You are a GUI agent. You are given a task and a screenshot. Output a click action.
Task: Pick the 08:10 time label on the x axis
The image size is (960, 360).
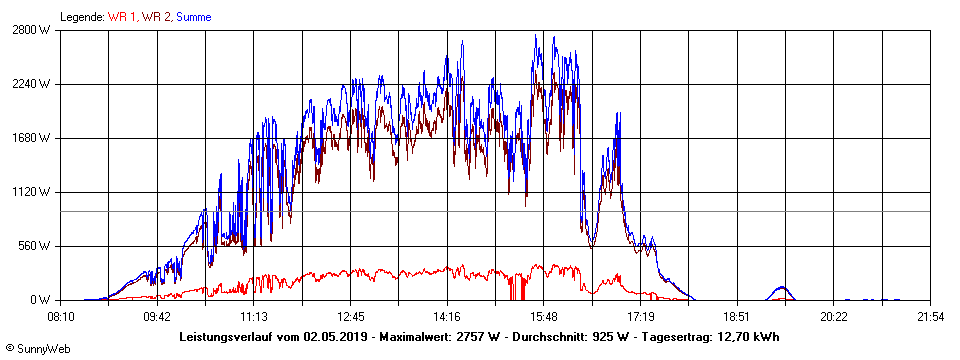pyautogui.click(x=61, y=316)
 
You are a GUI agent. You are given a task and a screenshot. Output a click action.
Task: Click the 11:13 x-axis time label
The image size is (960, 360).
pyautogui.click(x=254, y=316)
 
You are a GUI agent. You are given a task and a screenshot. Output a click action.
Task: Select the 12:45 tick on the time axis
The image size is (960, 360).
pyautogui.click(x=351, y=316)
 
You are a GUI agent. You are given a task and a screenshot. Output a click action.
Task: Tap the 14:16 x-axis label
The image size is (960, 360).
pyautogui.click(x=447, y=316)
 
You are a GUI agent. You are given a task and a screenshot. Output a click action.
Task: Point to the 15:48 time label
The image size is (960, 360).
pyautogui.click(x=544, y=316)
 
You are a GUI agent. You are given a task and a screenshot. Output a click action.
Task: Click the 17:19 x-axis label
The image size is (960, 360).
pyautogui.click(x=640, y=316)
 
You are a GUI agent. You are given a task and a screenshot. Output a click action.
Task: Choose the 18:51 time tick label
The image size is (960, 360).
pyautogui.click(x=737, y=316)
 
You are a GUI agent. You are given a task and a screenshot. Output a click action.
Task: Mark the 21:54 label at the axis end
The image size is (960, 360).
pyautogui.click(x=930, y=316)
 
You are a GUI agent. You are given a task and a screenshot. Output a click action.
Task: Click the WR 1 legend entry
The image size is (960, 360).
pyautogui.click(x=123, y=17)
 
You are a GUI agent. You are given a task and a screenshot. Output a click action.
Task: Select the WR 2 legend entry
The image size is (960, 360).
pyautogui.click(x=156, y=17)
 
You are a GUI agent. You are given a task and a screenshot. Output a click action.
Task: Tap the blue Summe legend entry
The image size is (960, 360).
pyautogui.click(x=193, y=17)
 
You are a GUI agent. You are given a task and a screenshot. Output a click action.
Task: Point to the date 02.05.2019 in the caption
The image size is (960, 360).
pyautogui.click(x=335, y=337)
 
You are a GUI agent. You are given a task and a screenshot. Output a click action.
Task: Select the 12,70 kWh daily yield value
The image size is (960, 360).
pyautogui.click(x=748, y=337)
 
